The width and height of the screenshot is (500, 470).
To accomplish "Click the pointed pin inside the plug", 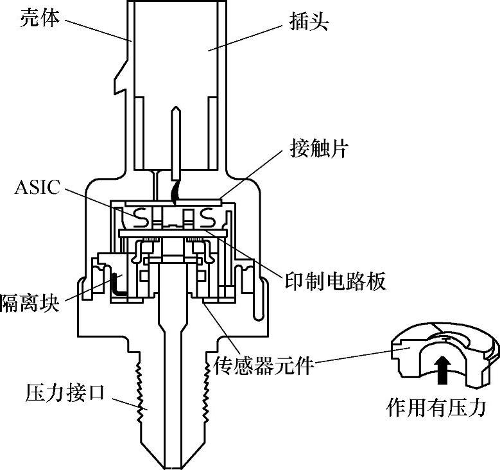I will [176, 141].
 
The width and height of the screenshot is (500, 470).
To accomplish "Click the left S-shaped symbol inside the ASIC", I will [142, 218].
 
